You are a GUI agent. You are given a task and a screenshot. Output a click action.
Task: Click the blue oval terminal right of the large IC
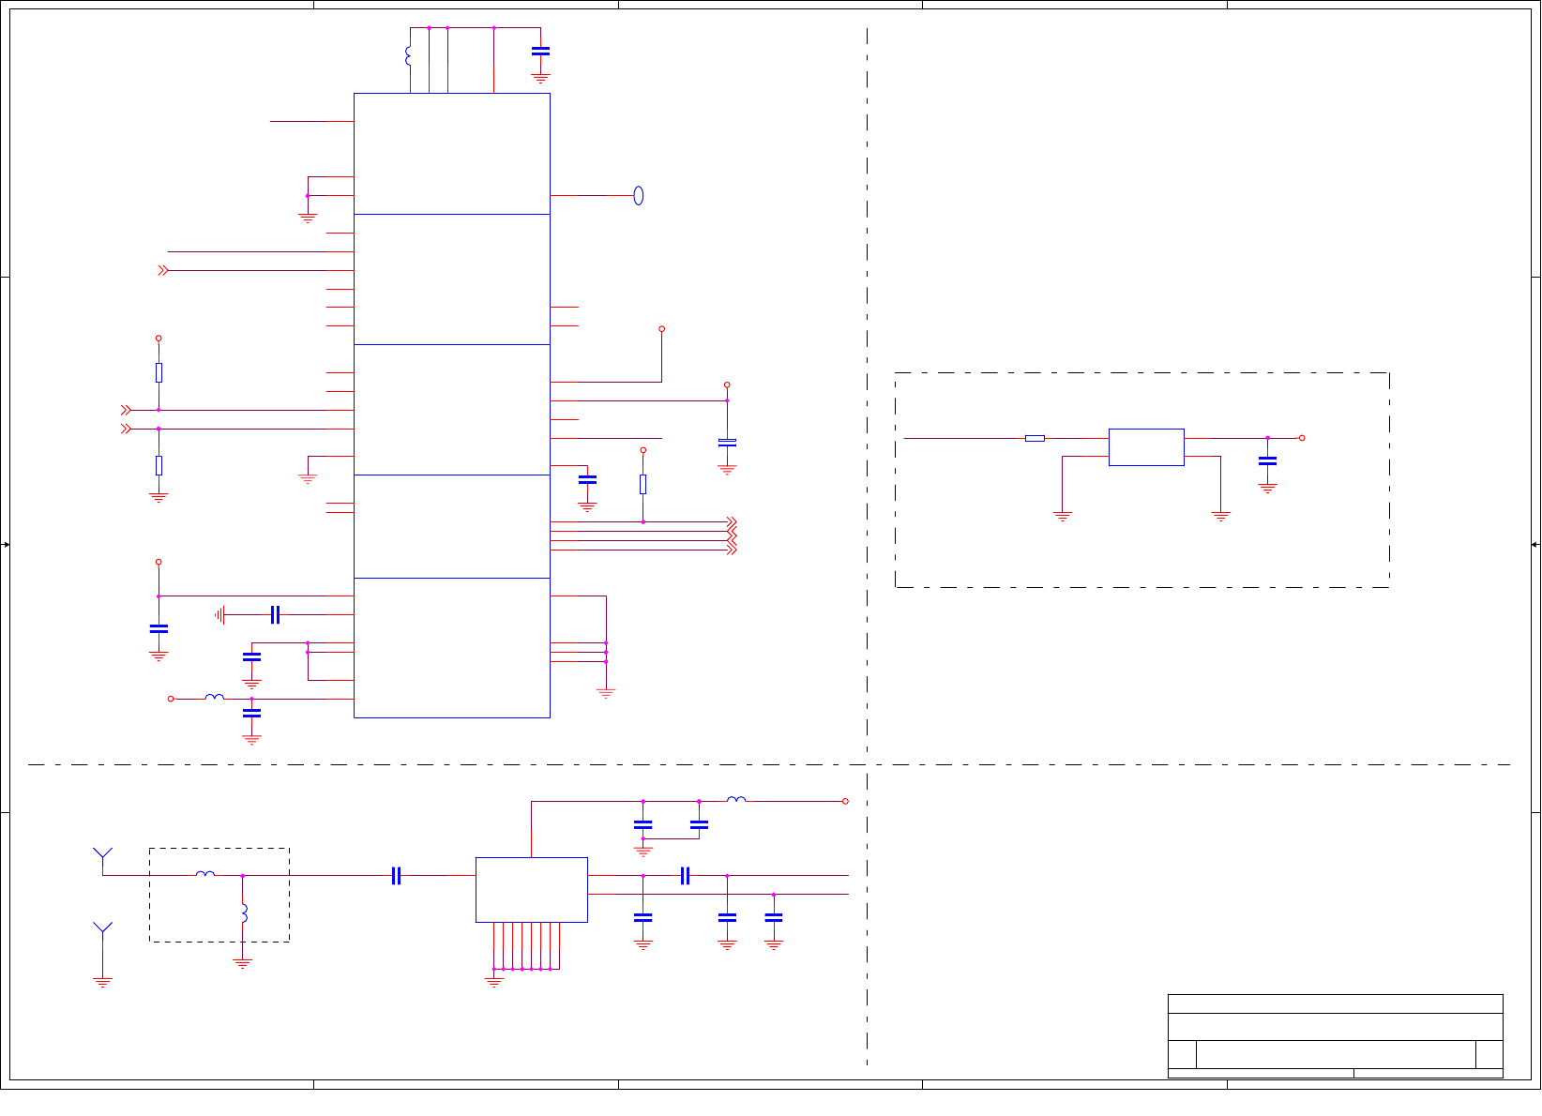coord(639,195)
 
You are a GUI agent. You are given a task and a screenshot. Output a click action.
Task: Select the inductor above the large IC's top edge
coord(408,56)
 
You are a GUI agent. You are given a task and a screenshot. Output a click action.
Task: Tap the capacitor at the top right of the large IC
coord(540,52)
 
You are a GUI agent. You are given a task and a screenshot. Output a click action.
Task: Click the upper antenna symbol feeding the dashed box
coord(102,855)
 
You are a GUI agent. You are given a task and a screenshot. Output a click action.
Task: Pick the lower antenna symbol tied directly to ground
coord(102,929)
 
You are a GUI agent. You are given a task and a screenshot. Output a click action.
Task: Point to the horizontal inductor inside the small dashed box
coord(205,874)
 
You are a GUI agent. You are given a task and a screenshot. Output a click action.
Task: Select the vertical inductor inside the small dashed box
coord(244,912)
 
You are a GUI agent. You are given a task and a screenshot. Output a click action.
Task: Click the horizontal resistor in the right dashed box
coord(1035,438)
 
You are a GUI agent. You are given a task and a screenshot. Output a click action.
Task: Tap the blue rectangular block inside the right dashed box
coord(1146,447)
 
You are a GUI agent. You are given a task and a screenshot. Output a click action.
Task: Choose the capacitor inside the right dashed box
coord(1267,460)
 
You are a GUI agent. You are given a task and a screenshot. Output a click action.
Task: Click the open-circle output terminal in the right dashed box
coord(1302,438)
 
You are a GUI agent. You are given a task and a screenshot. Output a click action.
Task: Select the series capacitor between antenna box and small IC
coord(396,875)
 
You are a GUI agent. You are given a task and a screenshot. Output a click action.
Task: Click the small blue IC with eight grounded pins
coord(531,889)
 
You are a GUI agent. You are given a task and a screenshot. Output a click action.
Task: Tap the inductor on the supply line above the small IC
coord(736,800)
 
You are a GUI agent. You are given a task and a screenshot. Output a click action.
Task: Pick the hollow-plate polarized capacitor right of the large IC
coord(727,442)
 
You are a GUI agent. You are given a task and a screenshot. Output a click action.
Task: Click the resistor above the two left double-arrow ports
coord(159,372)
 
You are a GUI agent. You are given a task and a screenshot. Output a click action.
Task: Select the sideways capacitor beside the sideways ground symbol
coord(275,614)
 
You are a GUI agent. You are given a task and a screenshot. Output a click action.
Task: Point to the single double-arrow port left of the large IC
coord(163,270)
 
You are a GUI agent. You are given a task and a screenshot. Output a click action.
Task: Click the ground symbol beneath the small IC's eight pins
coord(494,982)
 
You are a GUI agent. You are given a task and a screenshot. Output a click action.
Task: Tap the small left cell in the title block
coord(1182,1054)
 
